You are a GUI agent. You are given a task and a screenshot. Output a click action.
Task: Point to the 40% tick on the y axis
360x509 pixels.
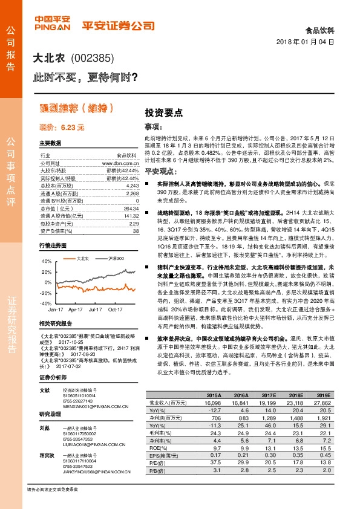click(x=45, y=261)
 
